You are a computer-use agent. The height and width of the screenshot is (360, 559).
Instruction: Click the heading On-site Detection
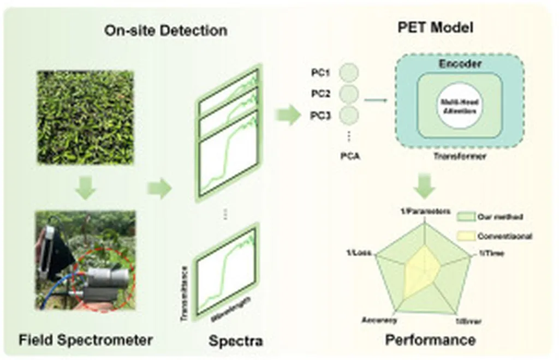tap(165, 30)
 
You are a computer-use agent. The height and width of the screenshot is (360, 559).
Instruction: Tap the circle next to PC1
tap(349, 72)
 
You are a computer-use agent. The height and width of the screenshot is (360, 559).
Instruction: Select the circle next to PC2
tap(349, 93)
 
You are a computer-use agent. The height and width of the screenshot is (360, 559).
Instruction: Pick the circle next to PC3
tap(349, 115)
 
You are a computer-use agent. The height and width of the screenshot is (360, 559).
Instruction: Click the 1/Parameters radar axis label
tap(424, 211)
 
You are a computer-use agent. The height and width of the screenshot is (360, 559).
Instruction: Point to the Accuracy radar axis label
tap(379, 320)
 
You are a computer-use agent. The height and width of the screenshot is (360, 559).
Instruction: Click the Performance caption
tap(430, 340)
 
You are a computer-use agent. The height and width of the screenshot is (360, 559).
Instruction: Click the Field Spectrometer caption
tap(86, 340)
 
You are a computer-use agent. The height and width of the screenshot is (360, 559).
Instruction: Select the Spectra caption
tap(236, 341)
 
